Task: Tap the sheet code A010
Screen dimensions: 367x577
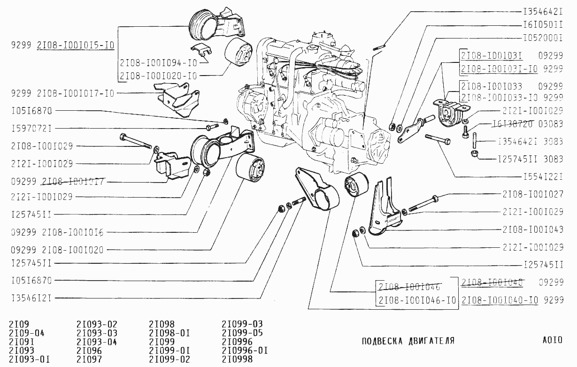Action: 552,340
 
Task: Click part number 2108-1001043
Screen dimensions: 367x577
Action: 532,229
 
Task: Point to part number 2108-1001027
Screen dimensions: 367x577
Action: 532,194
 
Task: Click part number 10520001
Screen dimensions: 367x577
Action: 542,36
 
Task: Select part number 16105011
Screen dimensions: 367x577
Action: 542,23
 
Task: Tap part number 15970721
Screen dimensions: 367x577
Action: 31,128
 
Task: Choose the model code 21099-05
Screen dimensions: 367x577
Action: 242,333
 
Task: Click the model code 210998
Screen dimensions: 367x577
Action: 237,359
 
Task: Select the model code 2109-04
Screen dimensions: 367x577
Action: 27,333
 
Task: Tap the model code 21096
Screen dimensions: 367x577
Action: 89,351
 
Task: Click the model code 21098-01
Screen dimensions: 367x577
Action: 169,333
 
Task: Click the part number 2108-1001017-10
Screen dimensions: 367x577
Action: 75,93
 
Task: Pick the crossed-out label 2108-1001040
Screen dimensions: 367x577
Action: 492,282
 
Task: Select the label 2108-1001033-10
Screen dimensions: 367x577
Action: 499,97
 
